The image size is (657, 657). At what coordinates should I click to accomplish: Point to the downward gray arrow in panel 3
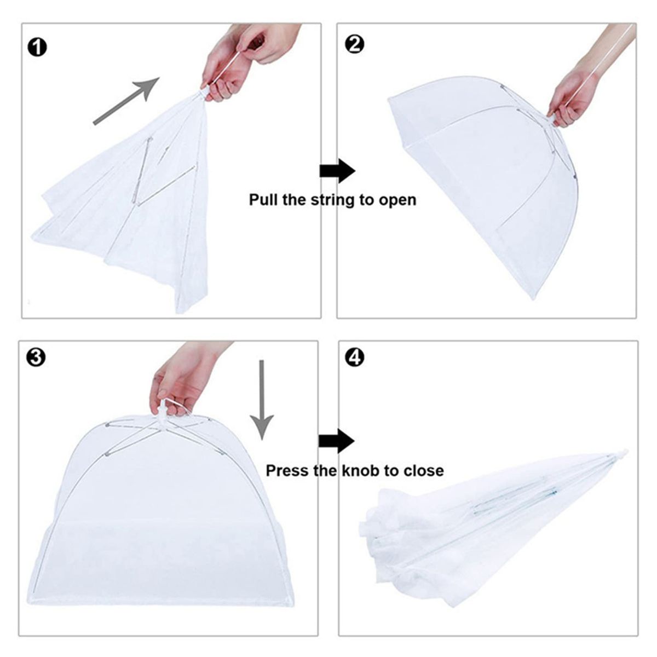click(263, 400)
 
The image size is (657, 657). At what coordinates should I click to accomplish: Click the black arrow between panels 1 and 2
click(337, 171)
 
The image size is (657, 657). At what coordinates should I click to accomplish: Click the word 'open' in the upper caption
click(397, 200)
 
